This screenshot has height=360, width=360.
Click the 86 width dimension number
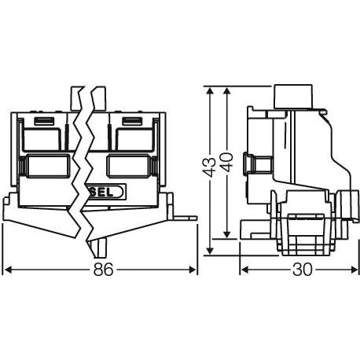point(103,270)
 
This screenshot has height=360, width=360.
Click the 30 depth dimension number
point(303,270)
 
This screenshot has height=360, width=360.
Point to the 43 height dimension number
point(210,167)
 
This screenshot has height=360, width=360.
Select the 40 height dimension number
point(227,162)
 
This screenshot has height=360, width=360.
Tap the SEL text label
point(103,192)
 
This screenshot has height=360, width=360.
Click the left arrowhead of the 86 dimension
point(9,270)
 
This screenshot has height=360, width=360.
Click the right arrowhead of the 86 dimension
point(193,270)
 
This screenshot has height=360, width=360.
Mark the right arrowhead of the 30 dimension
point(354,270)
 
